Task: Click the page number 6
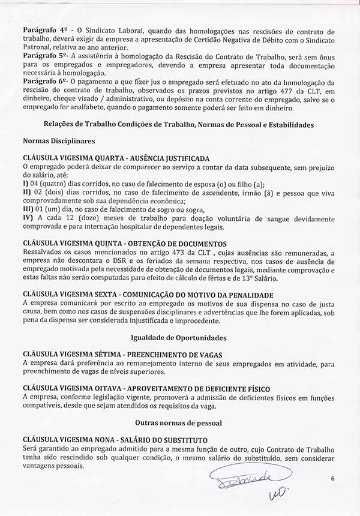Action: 332,478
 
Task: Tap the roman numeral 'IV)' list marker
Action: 28,217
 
